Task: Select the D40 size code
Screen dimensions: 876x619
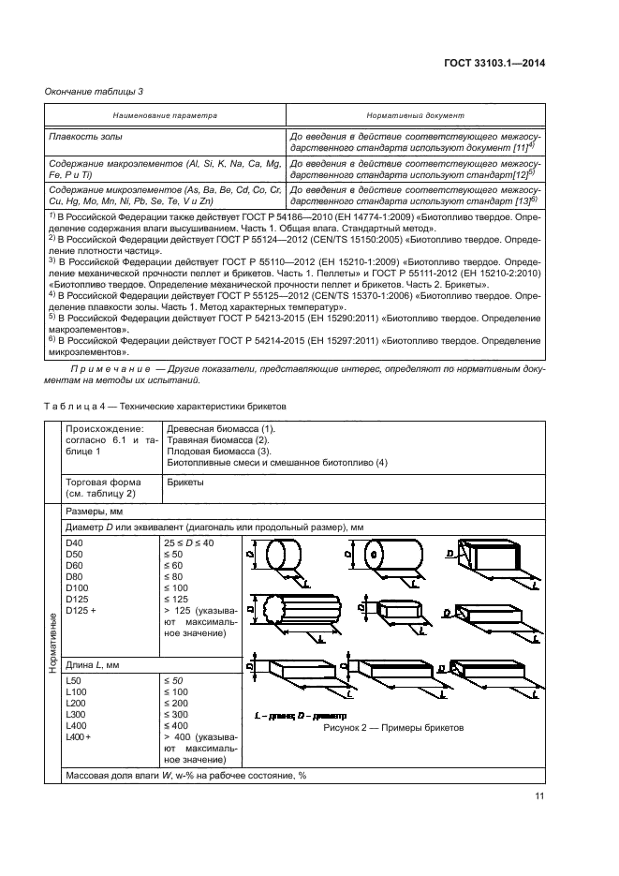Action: tap(75, 542)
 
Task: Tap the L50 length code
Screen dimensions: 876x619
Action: tap(74, 678)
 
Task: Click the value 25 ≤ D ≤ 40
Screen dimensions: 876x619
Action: tap(189, 542)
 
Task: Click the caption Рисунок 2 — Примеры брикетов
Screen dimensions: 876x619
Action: tap(393, 727)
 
